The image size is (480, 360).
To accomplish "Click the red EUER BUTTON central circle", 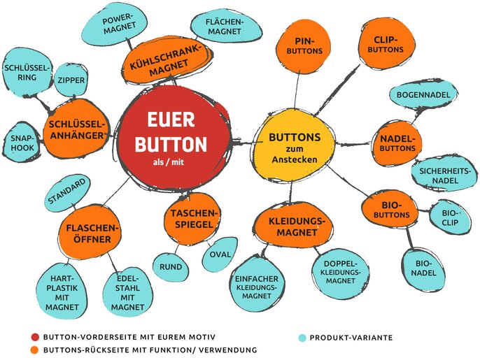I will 171,138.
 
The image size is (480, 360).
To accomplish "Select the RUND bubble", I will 171,266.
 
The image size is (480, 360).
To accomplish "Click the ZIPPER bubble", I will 71,81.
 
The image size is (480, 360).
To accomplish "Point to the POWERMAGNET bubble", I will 118,26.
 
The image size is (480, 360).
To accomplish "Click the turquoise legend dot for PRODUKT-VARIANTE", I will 302,338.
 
